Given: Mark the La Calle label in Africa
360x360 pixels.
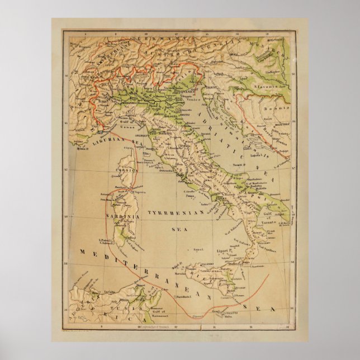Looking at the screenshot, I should tap(92, 290).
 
